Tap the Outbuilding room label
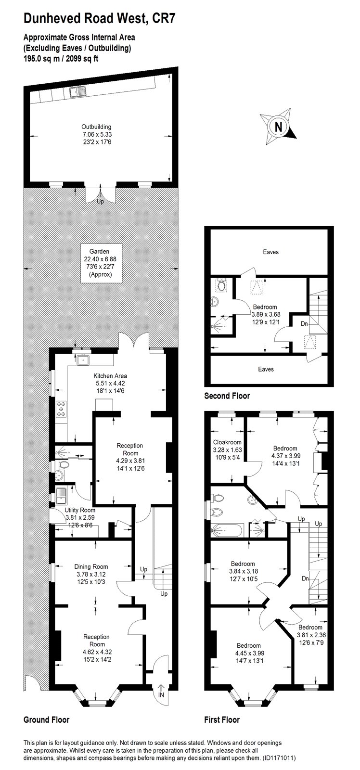click(x=96, y=134)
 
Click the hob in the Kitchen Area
click(x=62, y=409)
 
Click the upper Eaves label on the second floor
click(x=270, y=252)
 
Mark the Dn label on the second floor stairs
click(x=304, y=323)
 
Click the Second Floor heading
click(x=227, y=396)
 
